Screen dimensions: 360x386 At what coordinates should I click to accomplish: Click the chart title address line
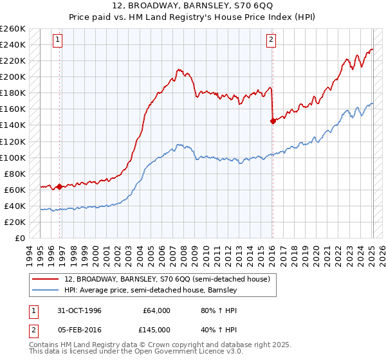coord(193,6)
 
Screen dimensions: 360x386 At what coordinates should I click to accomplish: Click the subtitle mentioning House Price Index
coord(193,17)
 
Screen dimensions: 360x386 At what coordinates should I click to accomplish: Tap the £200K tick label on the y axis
coord(13,76)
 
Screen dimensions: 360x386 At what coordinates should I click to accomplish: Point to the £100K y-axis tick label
coord(13,157)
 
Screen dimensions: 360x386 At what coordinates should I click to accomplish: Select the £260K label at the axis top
coord(13,28)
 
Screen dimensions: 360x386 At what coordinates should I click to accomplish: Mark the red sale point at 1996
coord(60,186)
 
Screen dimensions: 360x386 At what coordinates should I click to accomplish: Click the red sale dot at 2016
coord(273,120)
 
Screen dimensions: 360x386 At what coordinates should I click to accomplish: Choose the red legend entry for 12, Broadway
coord(170,279)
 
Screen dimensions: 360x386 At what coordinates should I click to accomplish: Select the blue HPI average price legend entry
coord(151,290)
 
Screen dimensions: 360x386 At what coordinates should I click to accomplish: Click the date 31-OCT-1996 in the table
coord(78,310)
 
